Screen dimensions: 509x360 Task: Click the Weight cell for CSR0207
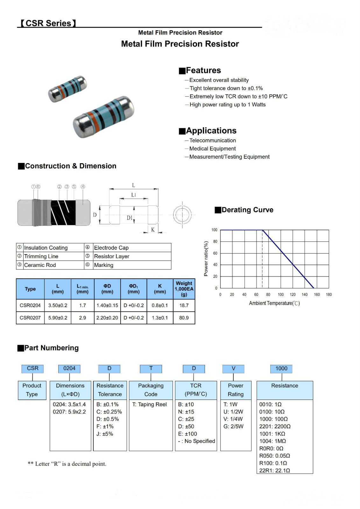click(184, 317)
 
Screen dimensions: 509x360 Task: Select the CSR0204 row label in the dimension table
click(30, 305)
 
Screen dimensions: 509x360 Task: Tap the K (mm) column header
click(160, 289)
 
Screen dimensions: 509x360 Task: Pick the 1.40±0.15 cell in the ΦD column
click(107, 305)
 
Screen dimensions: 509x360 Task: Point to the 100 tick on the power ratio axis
click(214, 230)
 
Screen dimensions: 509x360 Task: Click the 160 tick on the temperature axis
click(317, 295)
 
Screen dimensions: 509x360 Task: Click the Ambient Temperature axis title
click(274, 303)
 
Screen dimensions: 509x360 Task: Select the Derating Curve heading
click(247, 210)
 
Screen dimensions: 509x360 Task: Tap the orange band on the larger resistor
click(92, 118)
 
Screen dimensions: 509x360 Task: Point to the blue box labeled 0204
click(69, 368)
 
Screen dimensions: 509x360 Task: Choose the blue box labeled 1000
click(281, 368)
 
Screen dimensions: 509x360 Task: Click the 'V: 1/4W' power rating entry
click(233, 419)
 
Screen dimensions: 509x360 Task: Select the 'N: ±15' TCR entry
click(186, 412)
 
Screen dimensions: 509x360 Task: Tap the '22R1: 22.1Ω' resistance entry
click(274, 471)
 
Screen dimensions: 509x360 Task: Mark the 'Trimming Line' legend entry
click(41, 256)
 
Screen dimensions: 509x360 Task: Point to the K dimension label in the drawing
click(153, 229)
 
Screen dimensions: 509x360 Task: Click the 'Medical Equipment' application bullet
click(212, 149)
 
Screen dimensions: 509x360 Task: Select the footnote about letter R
click(67, 464)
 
